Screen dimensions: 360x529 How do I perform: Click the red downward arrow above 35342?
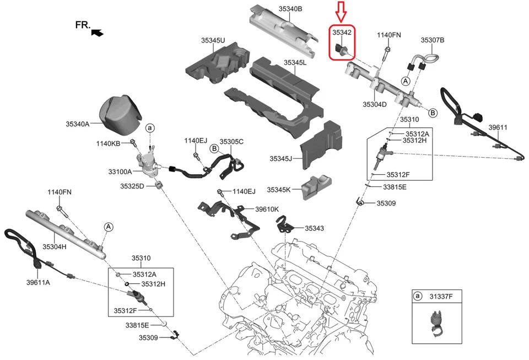coord(341,10)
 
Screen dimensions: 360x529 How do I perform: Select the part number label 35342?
coord(342,33)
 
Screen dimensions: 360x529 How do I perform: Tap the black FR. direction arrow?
coord(97,32)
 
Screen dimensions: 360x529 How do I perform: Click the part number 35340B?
coord(290,9)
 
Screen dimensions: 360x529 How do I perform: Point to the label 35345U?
coord(213,41)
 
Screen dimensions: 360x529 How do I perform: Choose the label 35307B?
coord(433,40)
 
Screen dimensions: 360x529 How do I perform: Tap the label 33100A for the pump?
coord(120,172)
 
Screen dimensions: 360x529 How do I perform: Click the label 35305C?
coord(231,142)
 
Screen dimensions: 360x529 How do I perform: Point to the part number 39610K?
coord(267,209)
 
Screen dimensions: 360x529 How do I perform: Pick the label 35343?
coord(314,228)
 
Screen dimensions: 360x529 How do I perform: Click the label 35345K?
coord(279,189)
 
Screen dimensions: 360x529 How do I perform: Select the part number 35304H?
coord(55,246)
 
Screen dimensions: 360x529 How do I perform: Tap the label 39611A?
coord(37,282)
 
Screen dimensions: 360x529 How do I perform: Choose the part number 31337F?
coord(441,297)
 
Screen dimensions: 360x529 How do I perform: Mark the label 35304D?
coord(375,104)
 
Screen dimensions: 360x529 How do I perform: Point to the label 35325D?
coord(132,186)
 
